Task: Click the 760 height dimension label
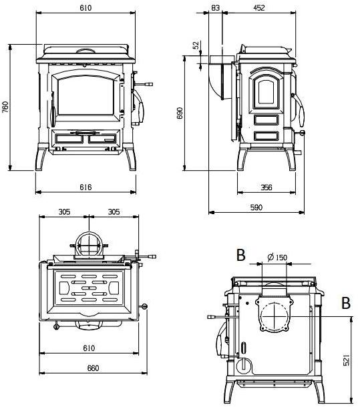pos(5,107)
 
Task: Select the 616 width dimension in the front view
pos(85,187)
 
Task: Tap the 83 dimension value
pos(215,7)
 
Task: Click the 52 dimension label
pos(196,45)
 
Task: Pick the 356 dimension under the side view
pos(266,187)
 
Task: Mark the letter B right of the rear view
pos(345,303)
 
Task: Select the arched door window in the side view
pos(266,91)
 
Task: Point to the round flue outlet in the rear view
pos(275,316)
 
